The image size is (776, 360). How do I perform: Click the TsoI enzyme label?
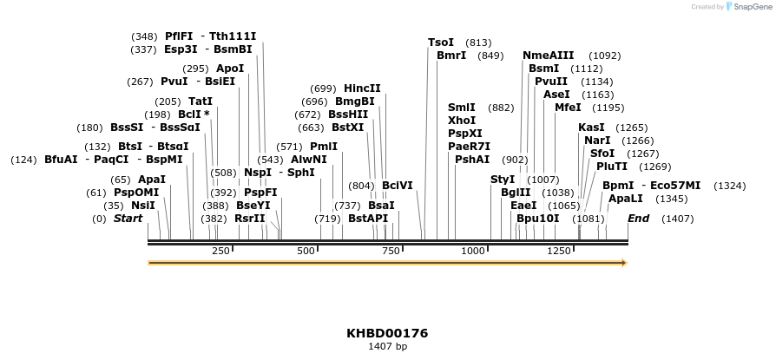coord(441,43)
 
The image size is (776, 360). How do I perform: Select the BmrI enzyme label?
coord(451,56)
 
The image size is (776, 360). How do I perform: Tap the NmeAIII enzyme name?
coord(549,56)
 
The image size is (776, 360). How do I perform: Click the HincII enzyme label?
coord(362,88)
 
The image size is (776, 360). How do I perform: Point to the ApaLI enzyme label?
coord(626,199)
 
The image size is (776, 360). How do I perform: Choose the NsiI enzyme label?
coord(143,206)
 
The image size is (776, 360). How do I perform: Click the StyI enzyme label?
coord(503,180)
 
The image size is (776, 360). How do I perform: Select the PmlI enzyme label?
coord(324,147)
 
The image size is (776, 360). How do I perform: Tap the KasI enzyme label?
coord(591,128)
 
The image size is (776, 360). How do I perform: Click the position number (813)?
coord(478,43)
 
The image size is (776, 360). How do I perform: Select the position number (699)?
coord(323,88)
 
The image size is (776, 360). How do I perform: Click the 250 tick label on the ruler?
coord(220,251)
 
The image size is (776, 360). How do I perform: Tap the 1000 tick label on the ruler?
coord(474,251)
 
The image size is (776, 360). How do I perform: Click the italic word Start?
coord(128,219)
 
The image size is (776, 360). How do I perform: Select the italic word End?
coord(638,219)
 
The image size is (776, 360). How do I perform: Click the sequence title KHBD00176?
coord(387,333)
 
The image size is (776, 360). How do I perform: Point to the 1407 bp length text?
coord(387,347)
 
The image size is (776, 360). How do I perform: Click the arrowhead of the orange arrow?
coord(622,261)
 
